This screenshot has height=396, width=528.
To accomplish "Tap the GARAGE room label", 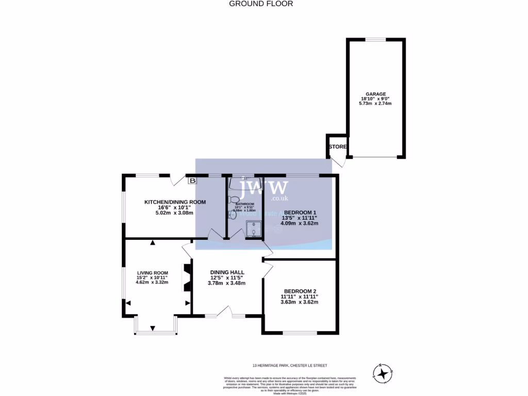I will (x=375, y=94).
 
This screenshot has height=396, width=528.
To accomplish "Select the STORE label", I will (x=338, y=147).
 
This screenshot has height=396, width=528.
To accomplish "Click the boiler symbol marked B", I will (x=192, y=181).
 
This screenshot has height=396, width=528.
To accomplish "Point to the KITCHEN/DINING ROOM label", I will (x=175, y=202).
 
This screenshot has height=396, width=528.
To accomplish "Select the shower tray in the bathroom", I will (x=253, y=228).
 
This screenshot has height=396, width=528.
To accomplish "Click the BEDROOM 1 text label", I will (x=300, y=212).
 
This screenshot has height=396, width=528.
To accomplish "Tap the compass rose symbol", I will (x=383, y=373).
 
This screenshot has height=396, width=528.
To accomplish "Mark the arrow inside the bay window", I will (x=153, y=328).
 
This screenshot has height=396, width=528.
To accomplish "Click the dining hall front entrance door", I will (x=223, y=311).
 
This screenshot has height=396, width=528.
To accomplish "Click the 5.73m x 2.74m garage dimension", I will (x=375, y=104).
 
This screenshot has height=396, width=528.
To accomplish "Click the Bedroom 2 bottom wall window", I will (x=300, y=333).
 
